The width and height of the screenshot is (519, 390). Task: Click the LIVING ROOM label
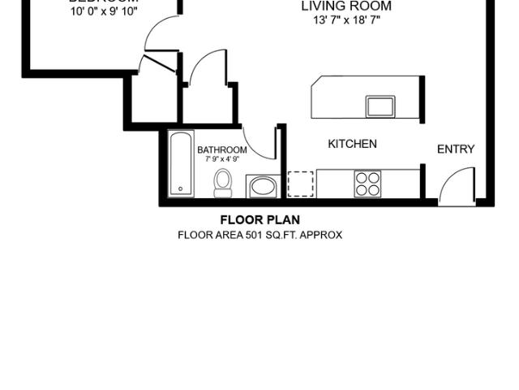[x=346, y=6]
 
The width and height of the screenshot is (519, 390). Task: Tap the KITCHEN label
[x=352, y=144]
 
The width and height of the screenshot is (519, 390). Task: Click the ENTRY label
[x=456, y=149]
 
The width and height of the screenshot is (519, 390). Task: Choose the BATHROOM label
[x=221, y=150]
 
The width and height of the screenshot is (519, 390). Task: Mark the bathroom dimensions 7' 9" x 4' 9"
[x=221, y=159]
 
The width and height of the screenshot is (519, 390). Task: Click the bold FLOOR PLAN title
[x=259, y=220]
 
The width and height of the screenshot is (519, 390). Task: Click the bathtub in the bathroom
[x=180, y=163]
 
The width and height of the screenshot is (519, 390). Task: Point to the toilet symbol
[x=223, y=184]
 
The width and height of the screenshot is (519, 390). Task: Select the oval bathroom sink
[x=262, y=187]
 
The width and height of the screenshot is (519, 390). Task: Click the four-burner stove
[x=367, y=184]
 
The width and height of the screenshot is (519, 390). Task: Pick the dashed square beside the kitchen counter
[x=300, y=184]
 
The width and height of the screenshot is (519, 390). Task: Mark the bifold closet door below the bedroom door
[x=159, y=62]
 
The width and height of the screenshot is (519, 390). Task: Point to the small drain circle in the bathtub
[x=180, y=189]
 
